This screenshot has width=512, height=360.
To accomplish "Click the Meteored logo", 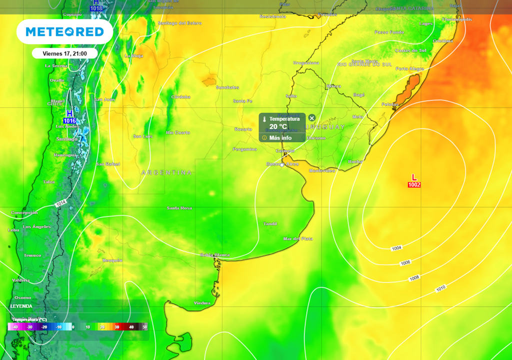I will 64,32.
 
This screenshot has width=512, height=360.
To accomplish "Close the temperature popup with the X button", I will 312,118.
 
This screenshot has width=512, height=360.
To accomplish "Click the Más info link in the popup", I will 280,137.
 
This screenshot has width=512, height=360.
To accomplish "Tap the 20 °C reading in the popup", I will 278,126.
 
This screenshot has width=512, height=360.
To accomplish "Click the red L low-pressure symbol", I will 414,177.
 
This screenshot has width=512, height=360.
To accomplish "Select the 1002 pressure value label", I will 414,185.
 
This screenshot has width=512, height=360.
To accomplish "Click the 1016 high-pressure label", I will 69,121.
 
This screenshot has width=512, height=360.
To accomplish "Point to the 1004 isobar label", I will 396,248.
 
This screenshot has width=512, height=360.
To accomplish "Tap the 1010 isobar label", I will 440,288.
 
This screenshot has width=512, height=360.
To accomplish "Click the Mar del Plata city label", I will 297,238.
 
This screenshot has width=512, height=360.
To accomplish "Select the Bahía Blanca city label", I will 215,255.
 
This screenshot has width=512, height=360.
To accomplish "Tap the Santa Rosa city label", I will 179,207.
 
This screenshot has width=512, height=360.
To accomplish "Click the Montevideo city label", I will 322,170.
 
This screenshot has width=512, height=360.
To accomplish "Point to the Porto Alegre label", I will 409,68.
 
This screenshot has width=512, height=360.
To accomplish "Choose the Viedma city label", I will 202,303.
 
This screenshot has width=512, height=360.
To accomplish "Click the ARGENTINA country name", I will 166,172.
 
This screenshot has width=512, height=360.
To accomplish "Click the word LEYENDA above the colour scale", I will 21,306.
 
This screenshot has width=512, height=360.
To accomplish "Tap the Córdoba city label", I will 180,96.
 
